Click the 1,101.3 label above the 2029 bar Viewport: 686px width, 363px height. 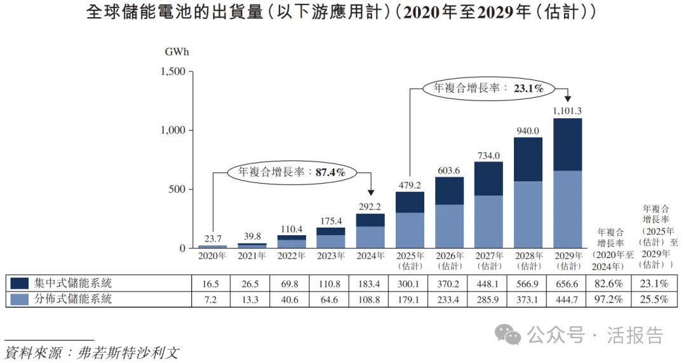(x=567, y=111)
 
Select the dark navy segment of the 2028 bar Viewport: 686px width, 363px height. (x=528, y=159)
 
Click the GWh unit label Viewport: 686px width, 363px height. (x=177, y=51)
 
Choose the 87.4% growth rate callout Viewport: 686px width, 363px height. (x=292, y=172)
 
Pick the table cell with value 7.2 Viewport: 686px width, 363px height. (x=212, y=298)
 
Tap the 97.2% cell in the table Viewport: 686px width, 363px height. (x=609, y=298)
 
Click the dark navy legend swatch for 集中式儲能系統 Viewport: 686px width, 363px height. (x=20, y=283)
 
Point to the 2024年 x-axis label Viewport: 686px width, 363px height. (x=370, y=256)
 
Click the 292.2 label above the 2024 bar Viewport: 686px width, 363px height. (x=370, y=206)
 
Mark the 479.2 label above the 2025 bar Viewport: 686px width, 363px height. (x=410, y=185)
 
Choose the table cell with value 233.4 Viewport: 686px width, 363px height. (x=449, y=298)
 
